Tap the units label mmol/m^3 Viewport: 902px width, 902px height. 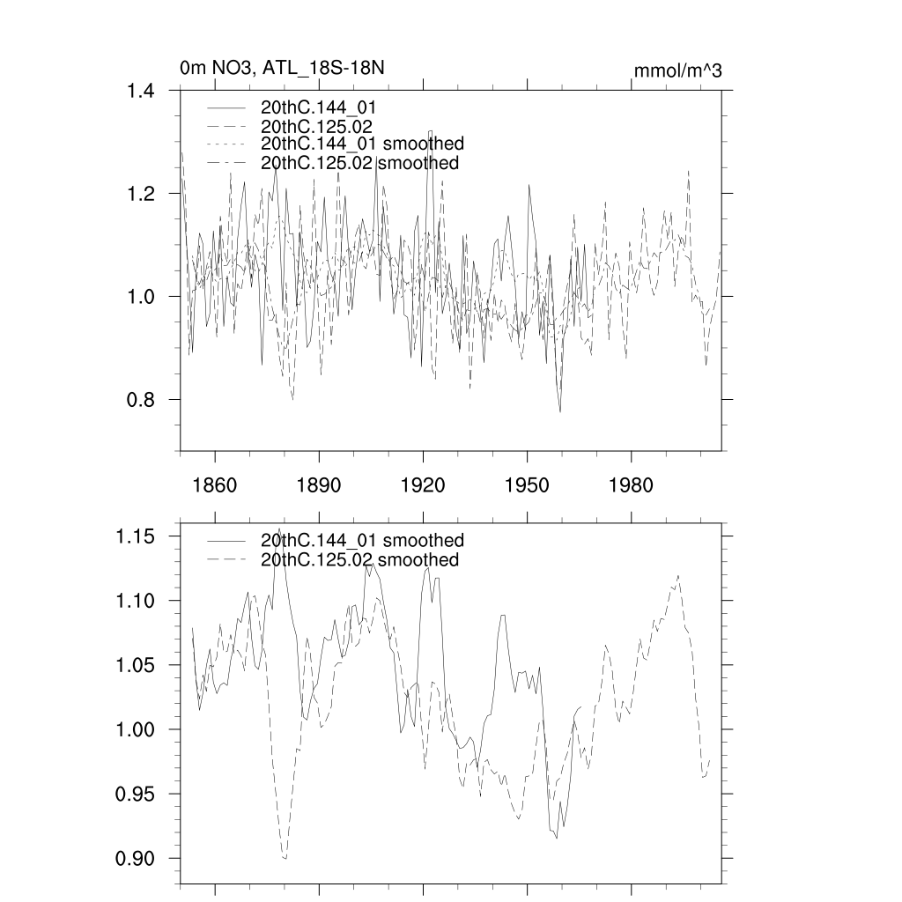[677, 70]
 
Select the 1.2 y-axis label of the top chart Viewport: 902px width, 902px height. [137, 193]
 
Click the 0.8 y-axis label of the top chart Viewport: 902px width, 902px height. [137, 399]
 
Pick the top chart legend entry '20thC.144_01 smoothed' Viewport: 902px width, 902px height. [362, 143]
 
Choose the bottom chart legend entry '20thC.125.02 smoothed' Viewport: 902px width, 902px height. [359, 560]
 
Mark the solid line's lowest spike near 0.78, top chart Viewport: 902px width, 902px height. [560, 411]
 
